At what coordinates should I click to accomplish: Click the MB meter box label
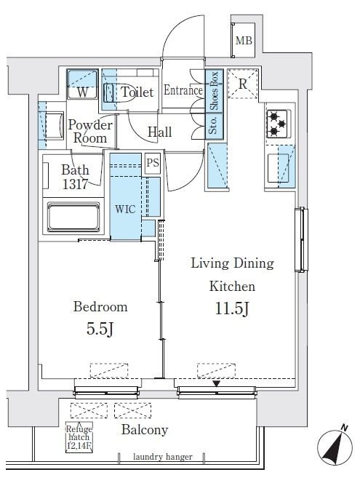pyautogui.click(x=244, y=40)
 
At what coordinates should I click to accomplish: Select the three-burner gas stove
pyautogui.click(x=278, y=124)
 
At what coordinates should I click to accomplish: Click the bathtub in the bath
pyautogui.click(x=73, y=217)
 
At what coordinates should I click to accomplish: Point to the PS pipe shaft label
pyautogui.click(x=153, y=162)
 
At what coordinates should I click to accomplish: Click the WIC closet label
pyautogui.click(x=125, y=209)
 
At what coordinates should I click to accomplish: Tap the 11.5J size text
pyautogui.click(x=231, y=308)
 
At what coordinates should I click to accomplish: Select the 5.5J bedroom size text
pyautogui.click(x=100, y=329)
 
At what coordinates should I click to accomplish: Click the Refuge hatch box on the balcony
pyautogui.click(x=79, y=437)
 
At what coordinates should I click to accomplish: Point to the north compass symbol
pyautogui.click(x=335, y=446)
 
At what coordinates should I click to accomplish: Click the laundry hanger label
pyautogui.click(x=163, y=457)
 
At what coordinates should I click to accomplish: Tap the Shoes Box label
pyautogui.click(x=214, y=90)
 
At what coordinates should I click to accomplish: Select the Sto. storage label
pyautogui.click(x=213, y=125)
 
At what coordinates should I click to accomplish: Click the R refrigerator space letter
pyautogui.click(x=243, y=84)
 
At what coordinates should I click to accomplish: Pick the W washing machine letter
pyautogui.click(x=82, y=92)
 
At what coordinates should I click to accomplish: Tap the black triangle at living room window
pyautogui.click(x=217, y=383)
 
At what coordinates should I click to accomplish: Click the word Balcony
pyautogui.click(x=145, y=430)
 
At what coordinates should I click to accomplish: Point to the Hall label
pyautogui.click(x=159, y=132)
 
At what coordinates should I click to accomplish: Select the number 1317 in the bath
pyautogui.click(x=75, y=184)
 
